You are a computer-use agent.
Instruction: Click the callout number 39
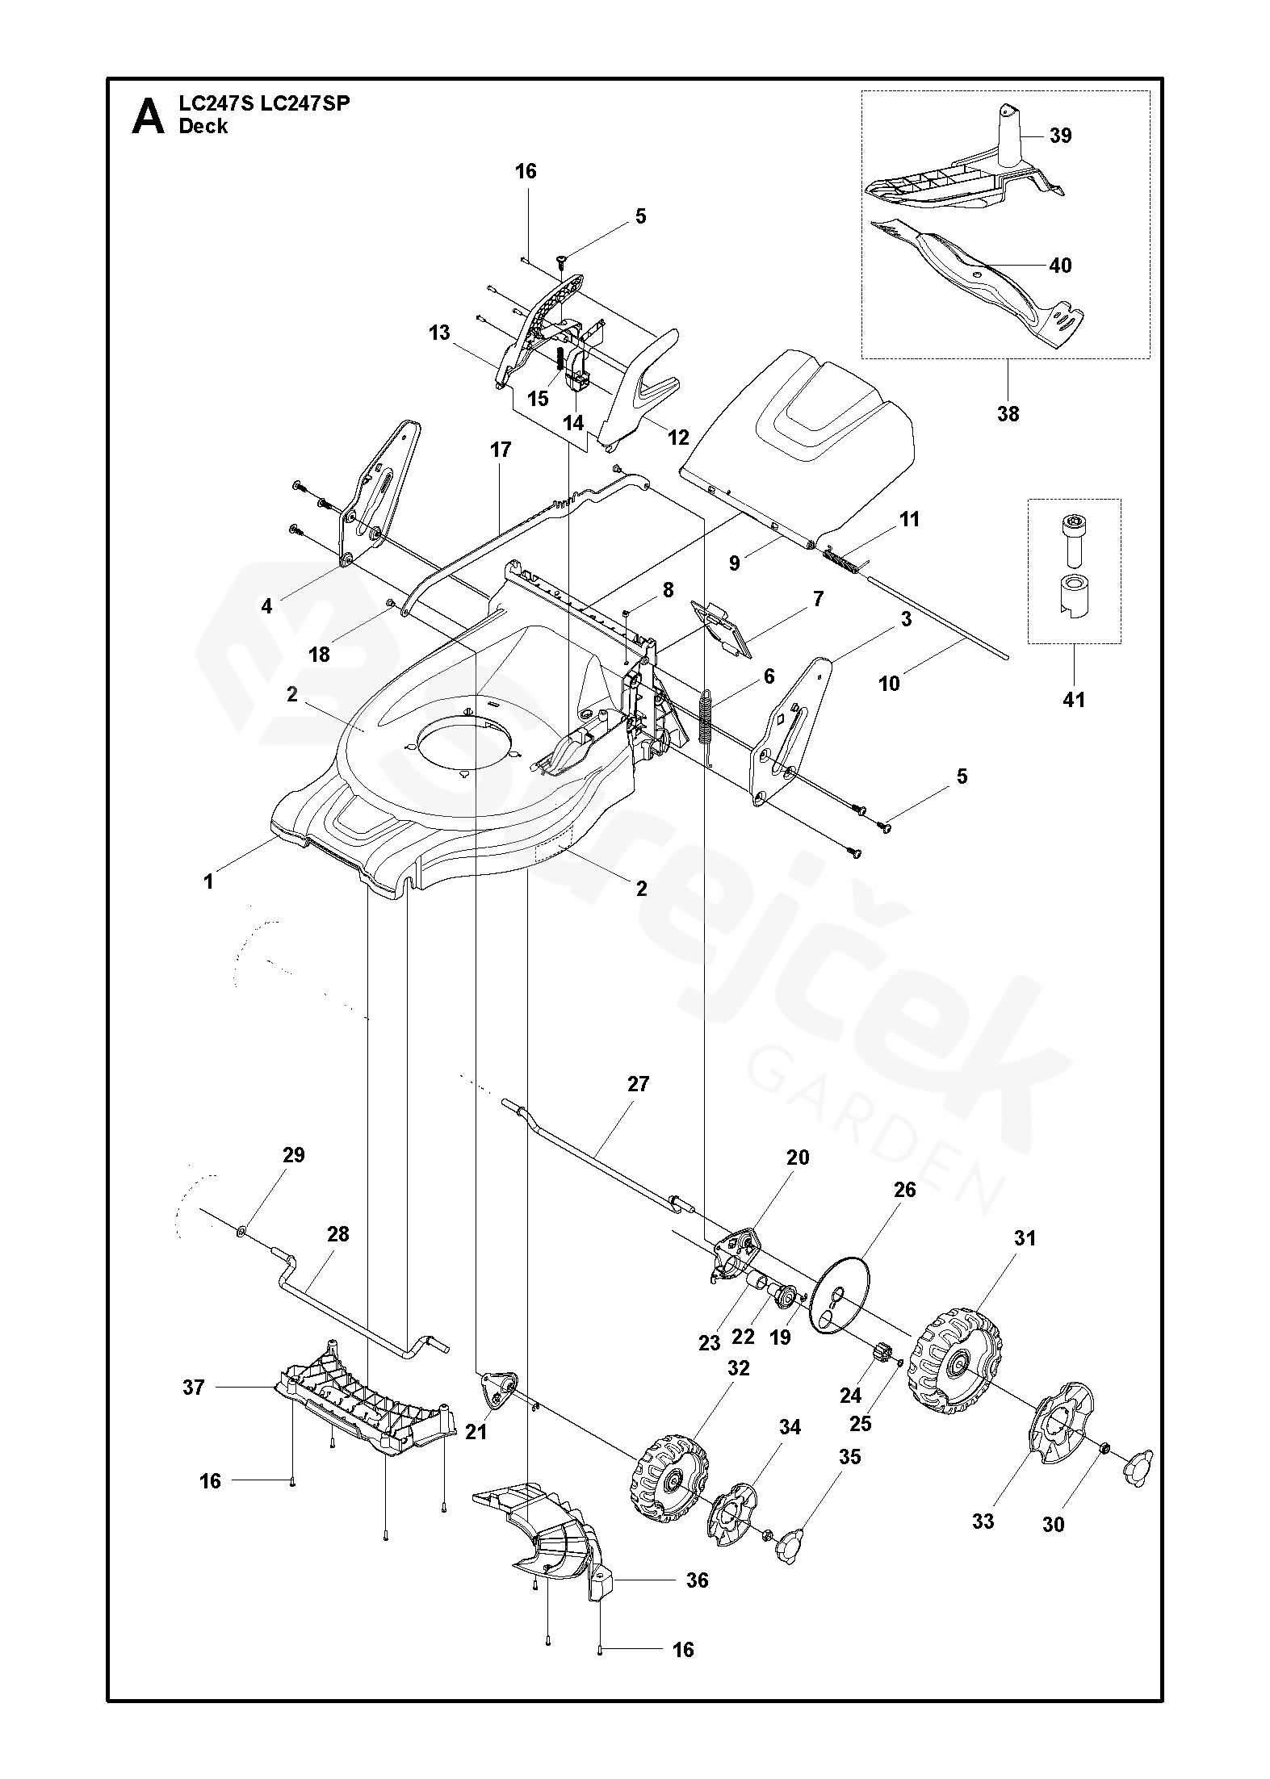[1060, 136]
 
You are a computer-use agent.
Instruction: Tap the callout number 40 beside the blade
[1060, 266]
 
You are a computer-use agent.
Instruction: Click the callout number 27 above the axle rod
[638, 1084]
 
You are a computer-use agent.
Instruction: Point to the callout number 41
[1074, 699]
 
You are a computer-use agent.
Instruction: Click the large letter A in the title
[149, 117]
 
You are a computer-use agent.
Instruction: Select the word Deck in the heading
[203, 127]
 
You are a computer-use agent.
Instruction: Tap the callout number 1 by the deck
[208, 881]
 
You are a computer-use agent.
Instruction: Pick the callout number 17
[501, 450]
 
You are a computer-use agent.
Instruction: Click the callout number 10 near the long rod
[888, 684]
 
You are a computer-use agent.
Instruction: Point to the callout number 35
[849, 1457]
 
